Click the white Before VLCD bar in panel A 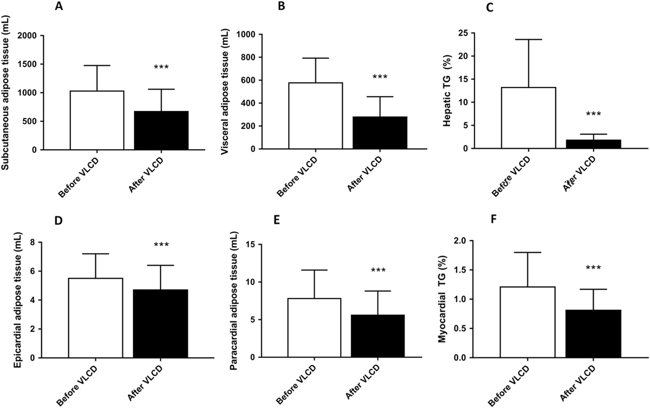click(97, 120)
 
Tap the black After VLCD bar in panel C click(593, 144)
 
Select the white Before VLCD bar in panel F click(527, 322)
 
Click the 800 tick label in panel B click(247, 58)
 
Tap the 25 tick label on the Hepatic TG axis click(463, 33)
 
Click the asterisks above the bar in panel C click(593, 114)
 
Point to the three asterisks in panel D click(161, 245)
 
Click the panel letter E click(277, 220)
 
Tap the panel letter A click(59, 6)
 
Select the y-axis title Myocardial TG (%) click(442, 299)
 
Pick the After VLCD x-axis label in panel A click(146, 175)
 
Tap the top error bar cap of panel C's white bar click(528, 39)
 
